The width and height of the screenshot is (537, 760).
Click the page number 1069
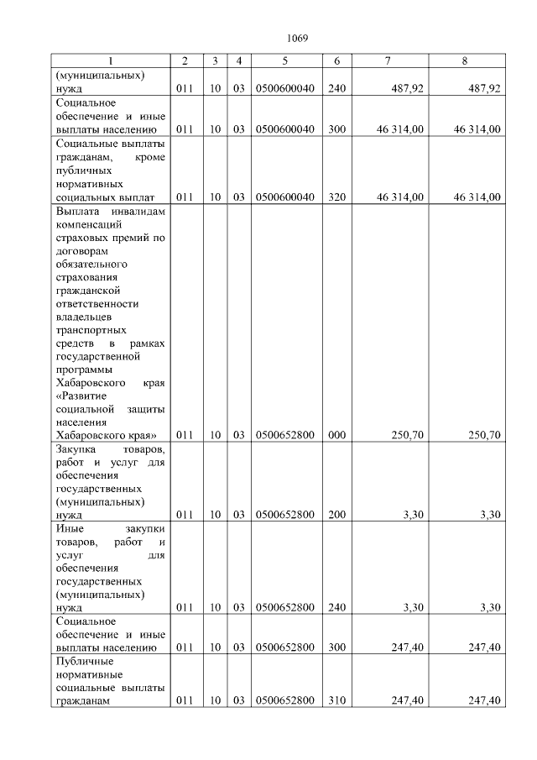click(x=298, y=38)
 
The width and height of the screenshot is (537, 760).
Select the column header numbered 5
click(x=284, y=61)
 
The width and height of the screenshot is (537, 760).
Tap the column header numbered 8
click(x=464, y=61)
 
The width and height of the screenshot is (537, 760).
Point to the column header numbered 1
click(x=109, y=61)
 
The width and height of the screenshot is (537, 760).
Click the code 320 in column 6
click(x=336, y=197)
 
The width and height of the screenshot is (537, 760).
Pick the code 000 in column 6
click(x=336, y=435)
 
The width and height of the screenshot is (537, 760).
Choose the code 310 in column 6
click(x=336, y=701)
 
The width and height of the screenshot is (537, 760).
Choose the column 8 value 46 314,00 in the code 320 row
click(x=477, y=197)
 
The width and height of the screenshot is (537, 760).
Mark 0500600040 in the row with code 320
click(x=284, y=197)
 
